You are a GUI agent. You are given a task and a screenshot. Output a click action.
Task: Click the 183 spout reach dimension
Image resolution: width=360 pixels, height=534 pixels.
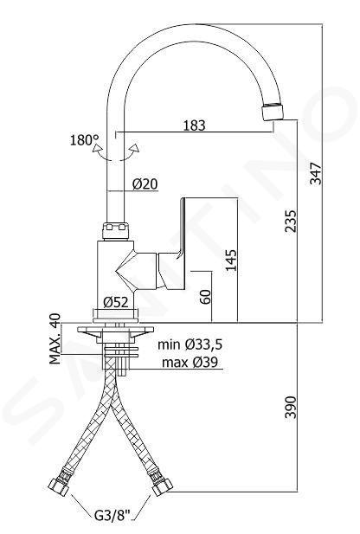[195, 125]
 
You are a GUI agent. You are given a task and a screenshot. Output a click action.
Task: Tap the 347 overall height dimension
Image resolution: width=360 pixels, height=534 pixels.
[316, 173]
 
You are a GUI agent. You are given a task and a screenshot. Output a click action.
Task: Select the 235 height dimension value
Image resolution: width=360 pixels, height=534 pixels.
[291, 221]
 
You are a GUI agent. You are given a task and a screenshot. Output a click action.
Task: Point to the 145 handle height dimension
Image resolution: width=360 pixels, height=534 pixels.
[231, 260]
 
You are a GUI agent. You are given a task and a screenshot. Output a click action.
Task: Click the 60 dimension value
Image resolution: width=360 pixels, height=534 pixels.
[205, 297]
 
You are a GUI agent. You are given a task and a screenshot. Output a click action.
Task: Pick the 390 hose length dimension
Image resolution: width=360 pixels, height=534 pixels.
[291, 407]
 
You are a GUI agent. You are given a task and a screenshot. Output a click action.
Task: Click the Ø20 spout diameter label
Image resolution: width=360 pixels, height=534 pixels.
[145, 183]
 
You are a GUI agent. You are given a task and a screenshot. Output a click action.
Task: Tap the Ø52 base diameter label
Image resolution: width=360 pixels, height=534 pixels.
[116, 302]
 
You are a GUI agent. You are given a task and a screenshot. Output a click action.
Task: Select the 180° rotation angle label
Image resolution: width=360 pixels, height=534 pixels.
[84, 140]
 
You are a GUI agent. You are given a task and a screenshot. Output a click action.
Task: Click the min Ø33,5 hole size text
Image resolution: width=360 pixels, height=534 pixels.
[190, 344]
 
